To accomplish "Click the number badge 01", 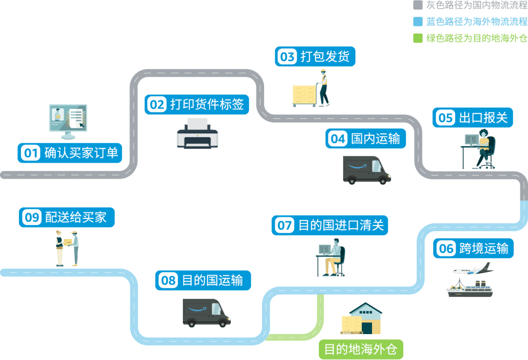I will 31,153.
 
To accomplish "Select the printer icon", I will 197,133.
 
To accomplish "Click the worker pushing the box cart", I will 323,88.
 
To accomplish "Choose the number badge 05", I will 445,118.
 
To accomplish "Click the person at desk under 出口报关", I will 479,149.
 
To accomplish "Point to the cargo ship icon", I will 469,288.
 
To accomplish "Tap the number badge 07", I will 285,225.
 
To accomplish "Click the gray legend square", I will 418,5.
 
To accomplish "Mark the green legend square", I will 418,38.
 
